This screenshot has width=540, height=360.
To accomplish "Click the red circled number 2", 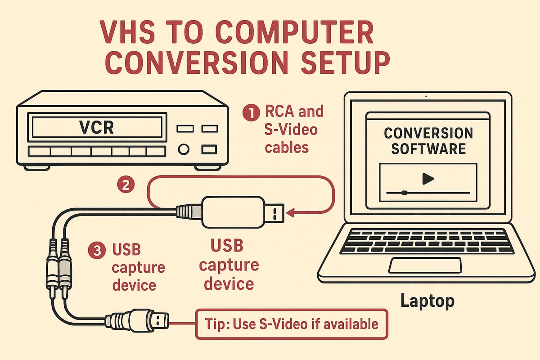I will pyautogui.click(x=126, y=184).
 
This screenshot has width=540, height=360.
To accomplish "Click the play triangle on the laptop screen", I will pyautogui.click(x=427, y=179).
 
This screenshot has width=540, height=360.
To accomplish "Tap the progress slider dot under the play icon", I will pyautogui.click(x=404, y=193).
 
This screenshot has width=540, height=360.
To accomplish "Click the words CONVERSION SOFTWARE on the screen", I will pyautogui.click(x=428, y=140).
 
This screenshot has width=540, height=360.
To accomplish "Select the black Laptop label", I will pyautogui.click(x=427, y=301).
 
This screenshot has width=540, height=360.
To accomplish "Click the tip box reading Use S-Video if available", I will pyautogui.click(x=291, y=324).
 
